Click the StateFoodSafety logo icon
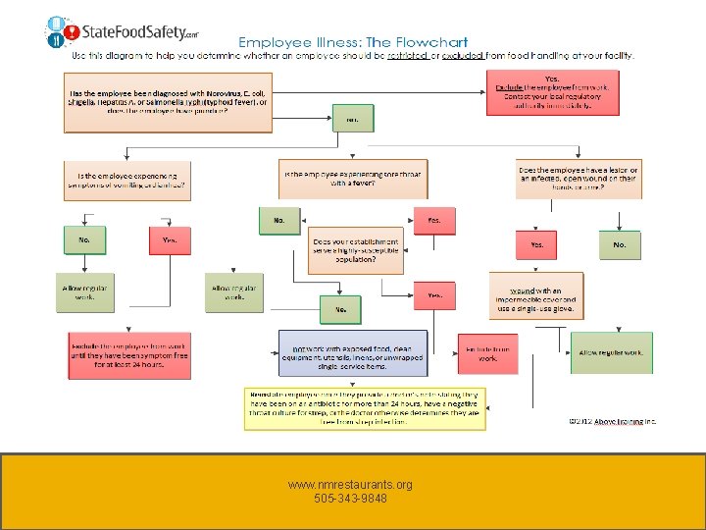coord(61,32)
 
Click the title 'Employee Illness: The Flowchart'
coord(353,43)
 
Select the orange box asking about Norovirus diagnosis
coord(169,102)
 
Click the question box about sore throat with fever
coord(353,178)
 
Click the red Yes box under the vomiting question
coord(170,240)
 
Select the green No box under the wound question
coord(619,244)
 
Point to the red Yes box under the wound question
coord(536,244)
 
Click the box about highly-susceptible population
coord(356,252)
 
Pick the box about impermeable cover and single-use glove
coord(536,296)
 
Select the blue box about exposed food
coord(353,354)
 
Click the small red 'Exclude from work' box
coord(487,354)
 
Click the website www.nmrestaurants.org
coord(350,485)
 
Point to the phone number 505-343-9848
coord(350,499)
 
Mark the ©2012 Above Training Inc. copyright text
coord(613,420)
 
